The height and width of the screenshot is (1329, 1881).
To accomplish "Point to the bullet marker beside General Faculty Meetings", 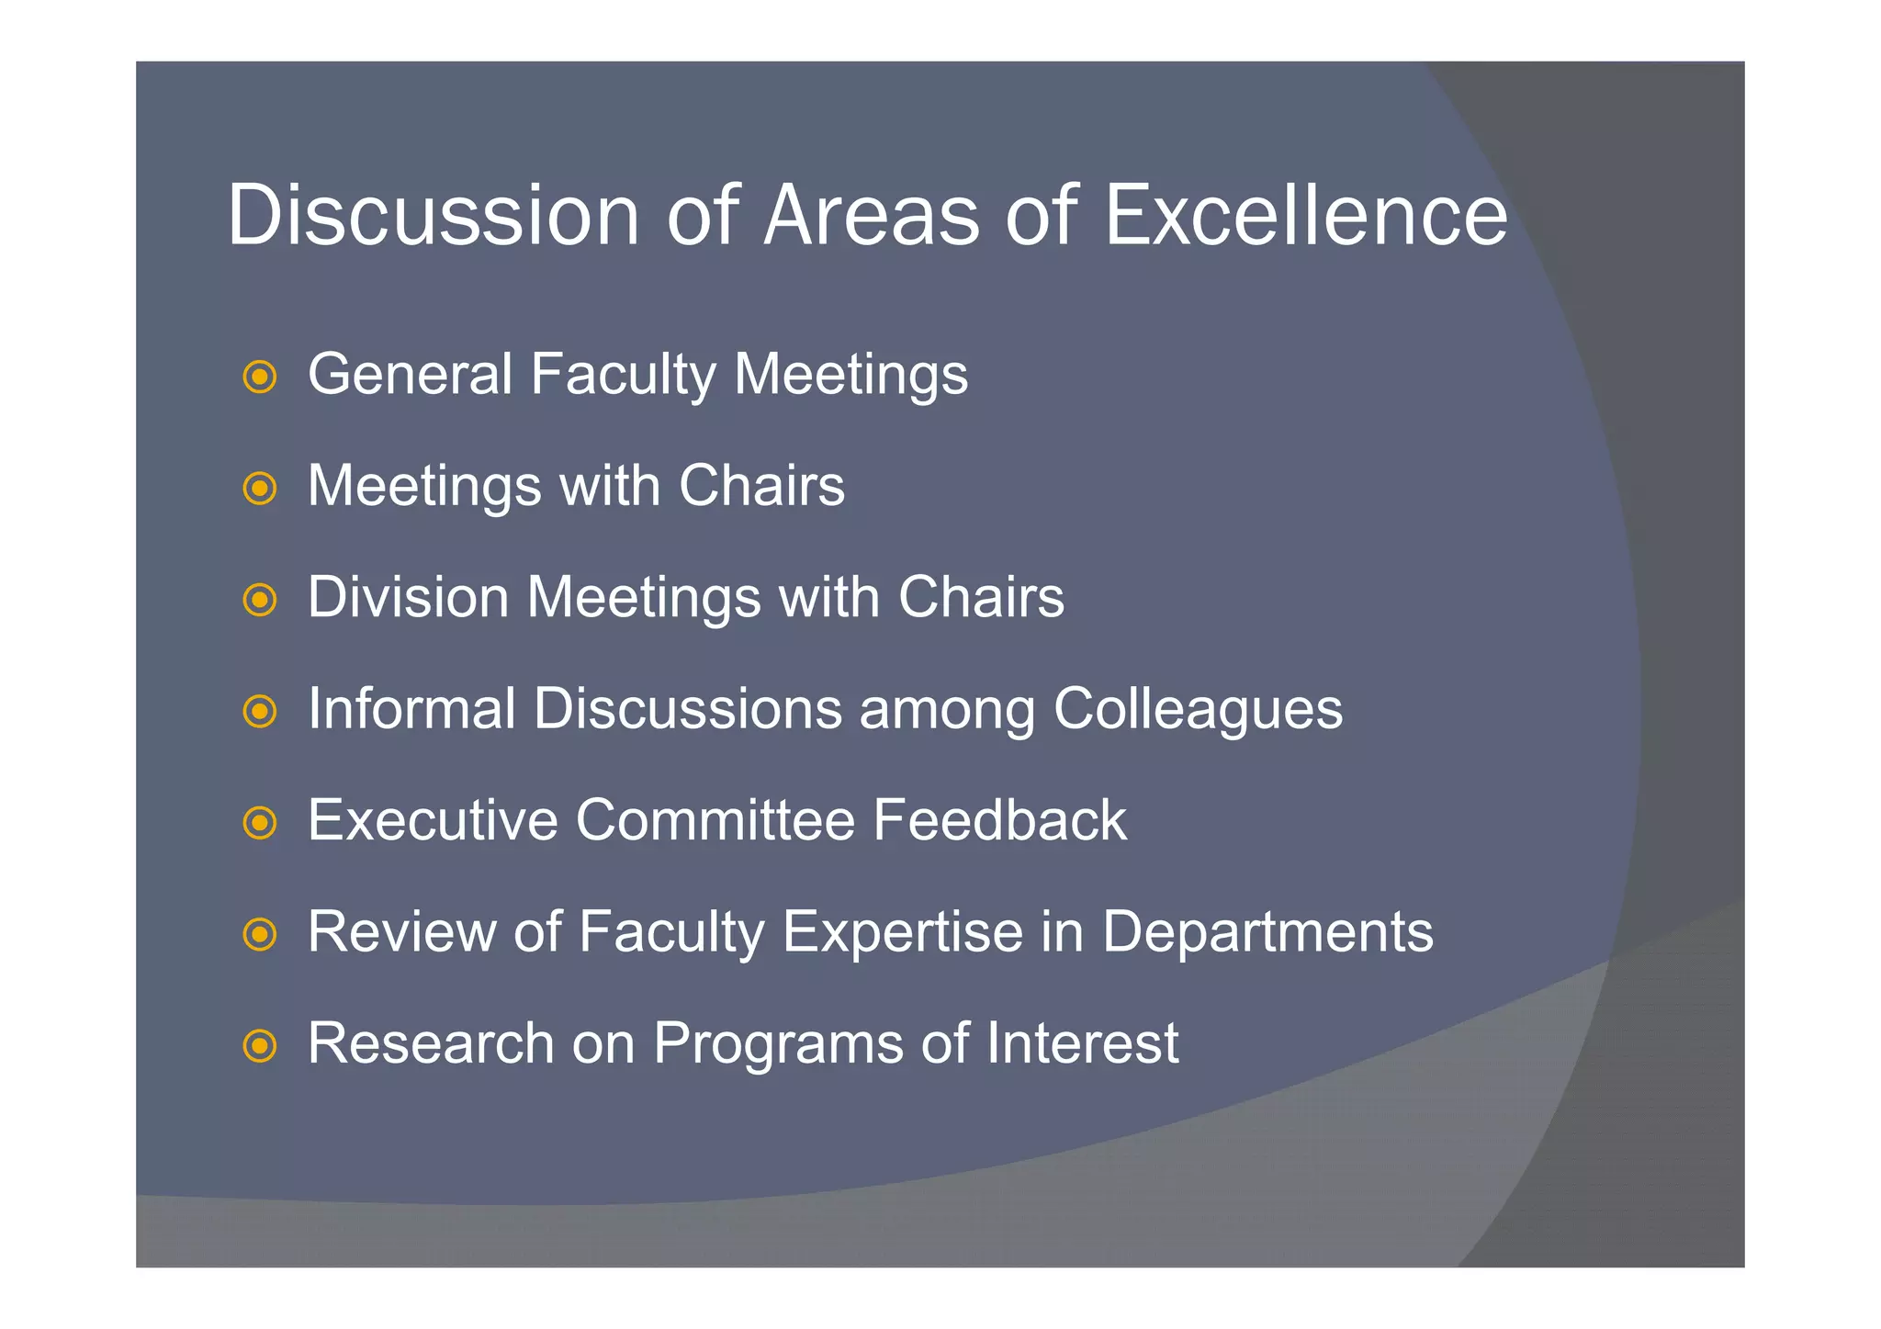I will pyautogui.click(x=260, y=377).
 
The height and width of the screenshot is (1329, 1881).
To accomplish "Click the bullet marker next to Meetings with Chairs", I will pyautogui.click(x=260, y=488).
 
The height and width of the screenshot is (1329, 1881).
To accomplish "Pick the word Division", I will pyautogui.click(x=408, y=597).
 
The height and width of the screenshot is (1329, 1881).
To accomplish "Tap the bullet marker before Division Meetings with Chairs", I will pyautogui.click(x=260, y=600).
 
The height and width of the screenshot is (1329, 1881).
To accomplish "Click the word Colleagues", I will pyautogui.click(x=1198, y=710).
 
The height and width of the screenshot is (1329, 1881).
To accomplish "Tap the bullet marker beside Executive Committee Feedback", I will pyautogui.click(x=260, y=823).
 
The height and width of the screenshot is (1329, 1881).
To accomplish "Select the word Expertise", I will pyautogui.click(x=903, y=932).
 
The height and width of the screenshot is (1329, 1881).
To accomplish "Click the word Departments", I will pyautogui.click(x=1267, y=932).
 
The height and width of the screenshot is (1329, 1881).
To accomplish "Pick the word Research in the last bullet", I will pyautogui.click(x=431, y=1043).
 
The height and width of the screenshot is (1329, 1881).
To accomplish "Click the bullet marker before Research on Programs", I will pyautogui.click(x=260, y=1046).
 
